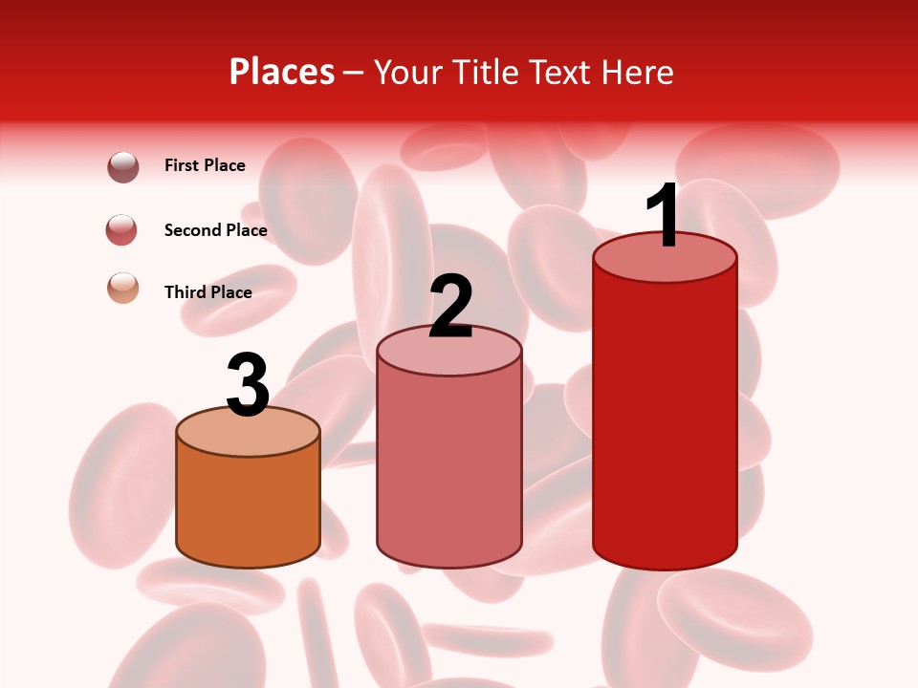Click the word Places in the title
tap(282, 72)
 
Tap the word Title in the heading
tap(486, 72)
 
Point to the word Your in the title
tap(409, 72)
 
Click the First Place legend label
tap(205, 165)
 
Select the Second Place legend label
tap(215, 230)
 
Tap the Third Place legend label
tap(208, 292)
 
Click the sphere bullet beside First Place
tap(123, 166)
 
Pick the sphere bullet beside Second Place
tap(122, 229)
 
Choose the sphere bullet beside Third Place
tap(122, 287)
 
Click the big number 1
tap(663, 216)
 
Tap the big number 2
tap(450, 306)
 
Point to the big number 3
tap(248, 385)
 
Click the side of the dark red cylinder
tap(665, 420)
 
